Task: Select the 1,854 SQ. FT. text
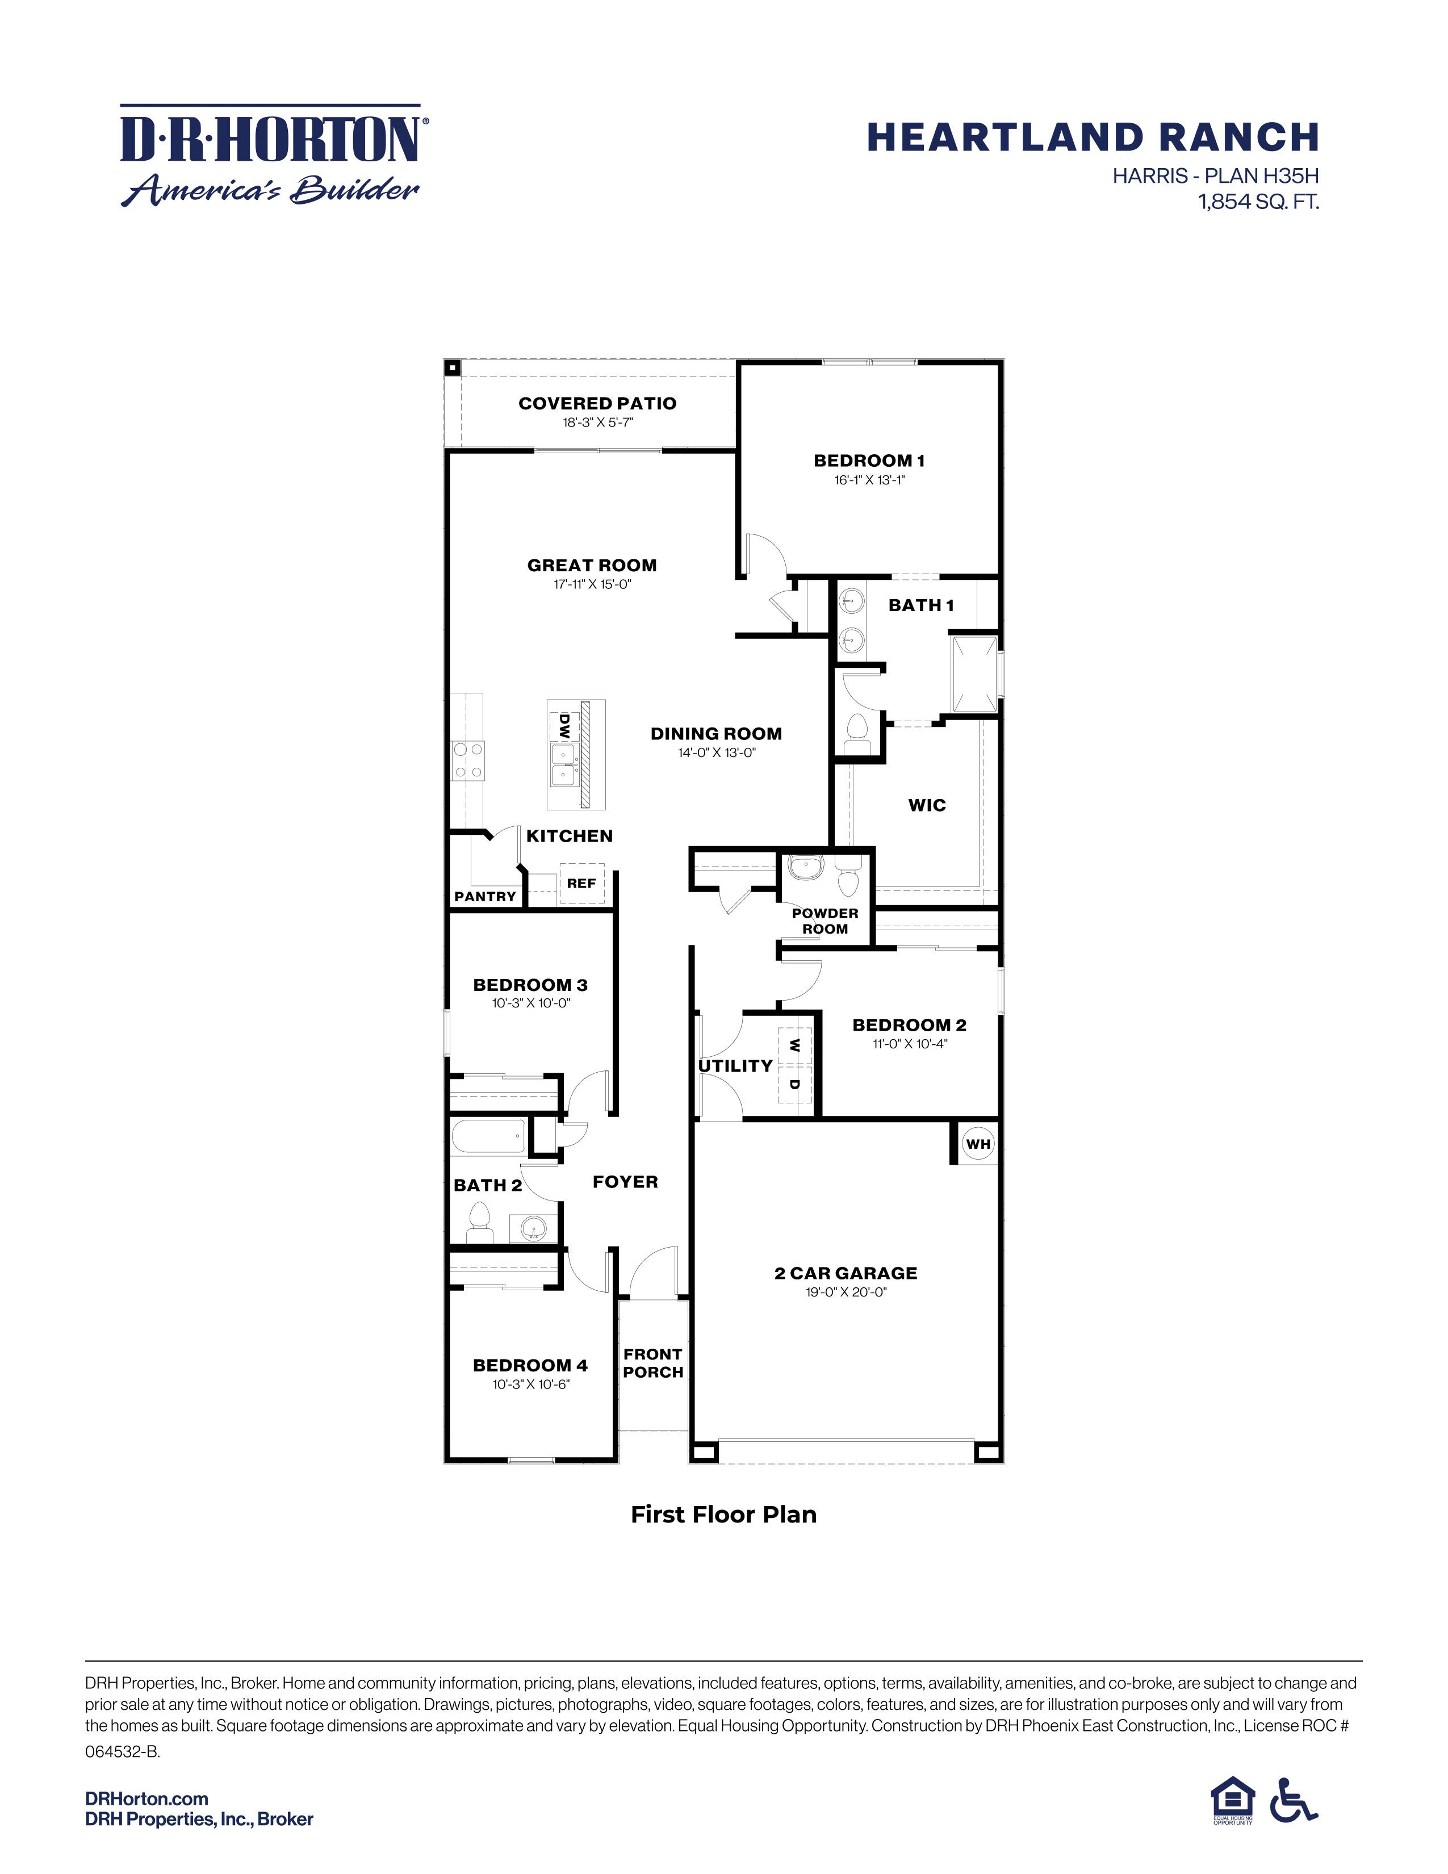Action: (x=1258, y=203)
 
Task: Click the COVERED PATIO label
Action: (x=597, y=403)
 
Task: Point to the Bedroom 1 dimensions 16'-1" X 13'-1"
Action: (x=869, y=480)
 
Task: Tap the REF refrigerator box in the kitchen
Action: (x=581, y=884)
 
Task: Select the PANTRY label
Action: (x=485, y=897)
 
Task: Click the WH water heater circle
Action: (x=978, y=1144)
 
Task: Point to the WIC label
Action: (x=927, y=805)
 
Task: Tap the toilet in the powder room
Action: (x=848, y=876)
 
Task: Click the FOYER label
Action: (x=625, y=1182)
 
